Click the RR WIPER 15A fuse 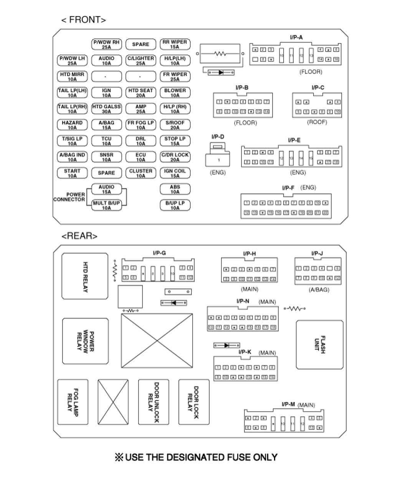click(x=175, y=45)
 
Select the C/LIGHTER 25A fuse click(x=140, y=61)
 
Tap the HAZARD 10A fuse click(x=72, y=125)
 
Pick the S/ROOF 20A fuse click(x=175, y=125)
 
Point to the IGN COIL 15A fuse click(x=175, y=173)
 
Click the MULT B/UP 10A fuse click(x=106, y=206)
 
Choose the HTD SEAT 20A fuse click(x=140, y=93)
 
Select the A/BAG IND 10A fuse click(x=72, y=157)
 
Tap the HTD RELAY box click(x=85, y=276)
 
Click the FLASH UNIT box click(x=319, y=345)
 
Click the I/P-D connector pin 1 click(x=219, y=160)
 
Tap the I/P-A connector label click(x=296, y=37)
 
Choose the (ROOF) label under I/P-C click(x=317, y=122)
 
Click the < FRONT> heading click(x=84, y=20)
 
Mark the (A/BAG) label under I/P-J click(x=319, y=290)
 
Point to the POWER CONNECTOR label click(x=69, y=197)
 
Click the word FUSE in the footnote click(x=238, y=457)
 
